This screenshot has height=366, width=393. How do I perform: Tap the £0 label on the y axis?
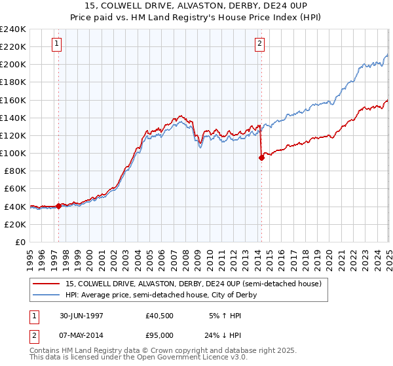[20, 242]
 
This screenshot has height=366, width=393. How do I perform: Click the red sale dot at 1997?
[59, 206]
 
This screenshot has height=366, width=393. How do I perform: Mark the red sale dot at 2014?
[261, 158]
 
